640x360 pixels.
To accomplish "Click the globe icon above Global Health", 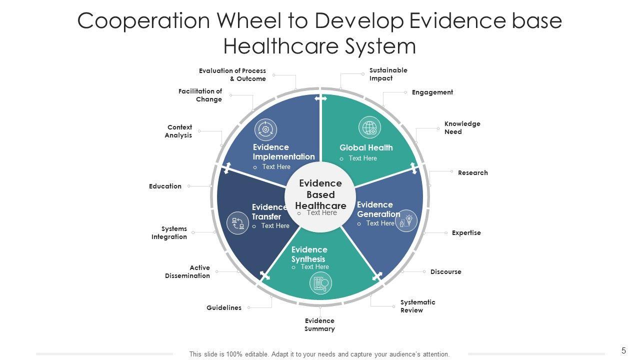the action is point(369,127).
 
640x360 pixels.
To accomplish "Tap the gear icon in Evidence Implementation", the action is point(265,129).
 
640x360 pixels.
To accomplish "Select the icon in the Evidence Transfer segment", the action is point(237,223).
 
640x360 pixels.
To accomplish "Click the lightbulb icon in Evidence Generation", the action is point(406,220).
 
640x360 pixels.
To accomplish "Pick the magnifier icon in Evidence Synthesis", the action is point(320,283).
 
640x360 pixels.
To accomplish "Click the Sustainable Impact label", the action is point(388,74).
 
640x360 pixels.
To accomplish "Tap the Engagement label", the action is point(432,92).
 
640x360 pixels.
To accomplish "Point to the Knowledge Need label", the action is point(462,128).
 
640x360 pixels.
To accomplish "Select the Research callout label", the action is point(472,173).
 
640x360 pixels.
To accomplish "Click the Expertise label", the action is point(466,233).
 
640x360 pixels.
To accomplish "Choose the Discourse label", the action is point(445,272).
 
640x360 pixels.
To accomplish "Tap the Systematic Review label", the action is point(417,306).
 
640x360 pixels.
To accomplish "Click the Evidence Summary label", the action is point(319,325).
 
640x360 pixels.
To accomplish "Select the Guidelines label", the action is point(224,308).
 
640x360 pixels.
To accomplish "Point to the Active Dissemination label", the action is point(187,272).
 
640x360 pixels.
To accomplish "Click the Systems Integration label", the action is point(169,233).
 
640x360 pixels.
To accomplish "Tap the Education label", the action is point(165,186).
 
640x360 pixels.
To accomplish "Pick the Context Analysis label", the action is point(178,131).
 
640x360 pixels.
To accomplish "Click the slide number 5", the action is point(623,350).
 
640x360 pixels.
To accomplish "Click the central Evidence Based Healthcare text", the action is point(320,194).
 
